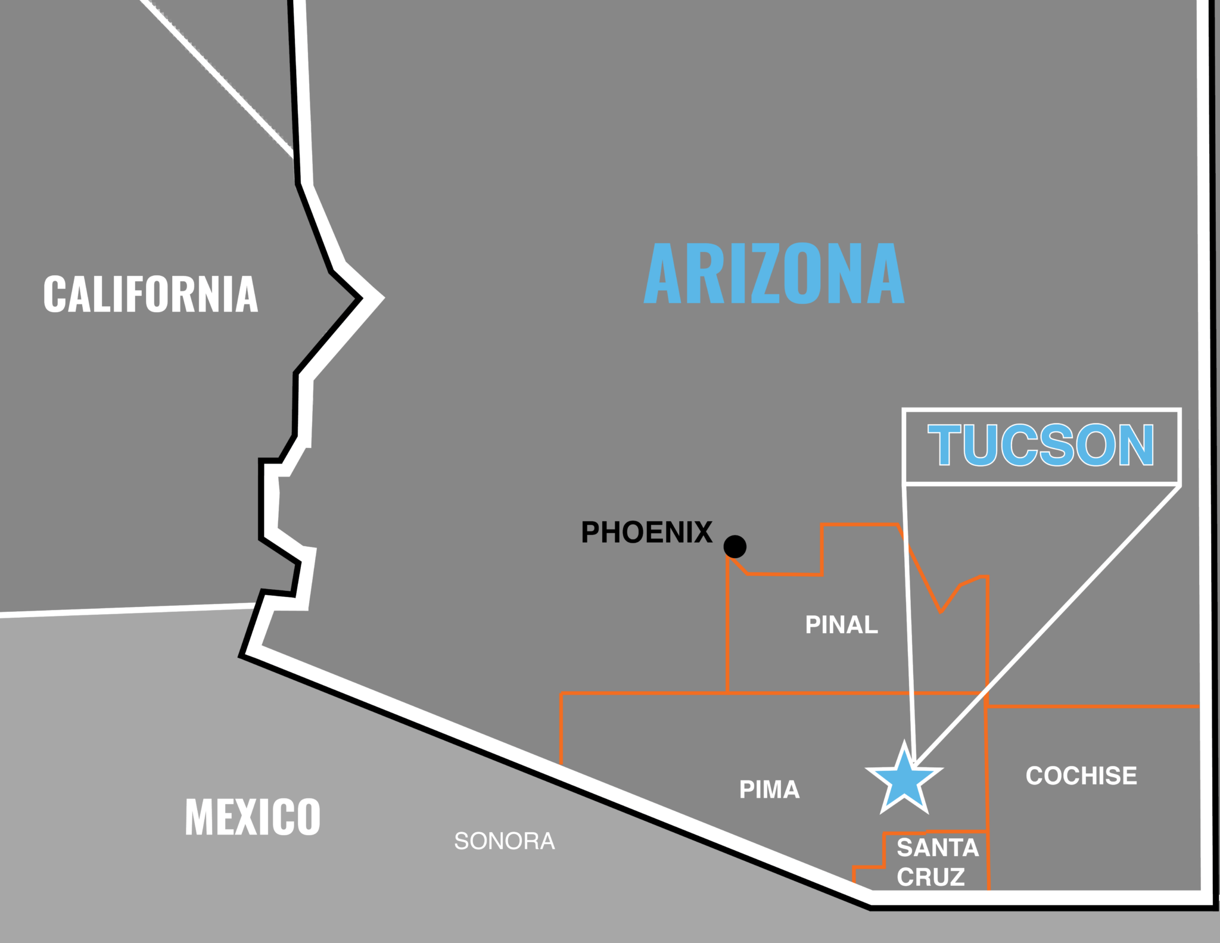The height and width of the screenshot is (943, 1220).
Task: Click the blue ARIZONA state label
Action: [774, 273]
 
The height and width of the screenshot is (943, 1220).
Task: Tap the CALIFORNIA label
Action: [151, 294]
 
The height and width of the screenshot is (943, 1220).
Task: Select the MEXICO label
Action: [253, 817]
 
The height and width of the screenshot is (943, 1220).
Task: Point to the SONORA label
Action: [505, 841]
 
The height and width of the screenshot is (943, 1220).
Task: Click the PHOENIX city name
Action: [646, 533]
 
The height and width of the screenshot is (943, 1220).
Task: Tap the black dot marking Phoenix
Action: [735, 546]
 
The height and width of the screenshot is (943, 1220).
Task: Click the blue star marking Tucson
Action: [904, 780]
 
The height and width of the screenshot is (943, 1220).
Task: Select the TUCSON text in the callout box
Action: [1041, 446]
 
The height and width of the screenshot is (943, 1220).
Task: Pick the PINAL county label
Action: [841, 625]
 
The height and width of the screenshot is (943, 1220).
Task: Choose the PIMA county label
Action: [769, 789]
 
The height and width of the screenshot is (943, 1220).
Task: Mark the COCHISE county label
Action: [1081, 776]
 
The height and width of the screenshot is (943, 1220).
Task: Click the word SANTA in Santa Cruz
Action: [938, 847]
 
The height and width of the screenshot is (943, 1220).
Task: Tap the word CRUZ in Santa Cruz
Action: [931, 877]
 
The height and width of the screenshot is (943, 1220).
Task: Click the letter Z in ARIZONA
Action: [768, 273]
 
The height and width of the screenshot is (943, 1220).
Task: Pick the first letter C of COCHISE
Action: [1035, 776]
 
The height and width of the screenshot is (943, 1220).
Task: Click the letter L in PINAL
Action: [872, 625]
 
